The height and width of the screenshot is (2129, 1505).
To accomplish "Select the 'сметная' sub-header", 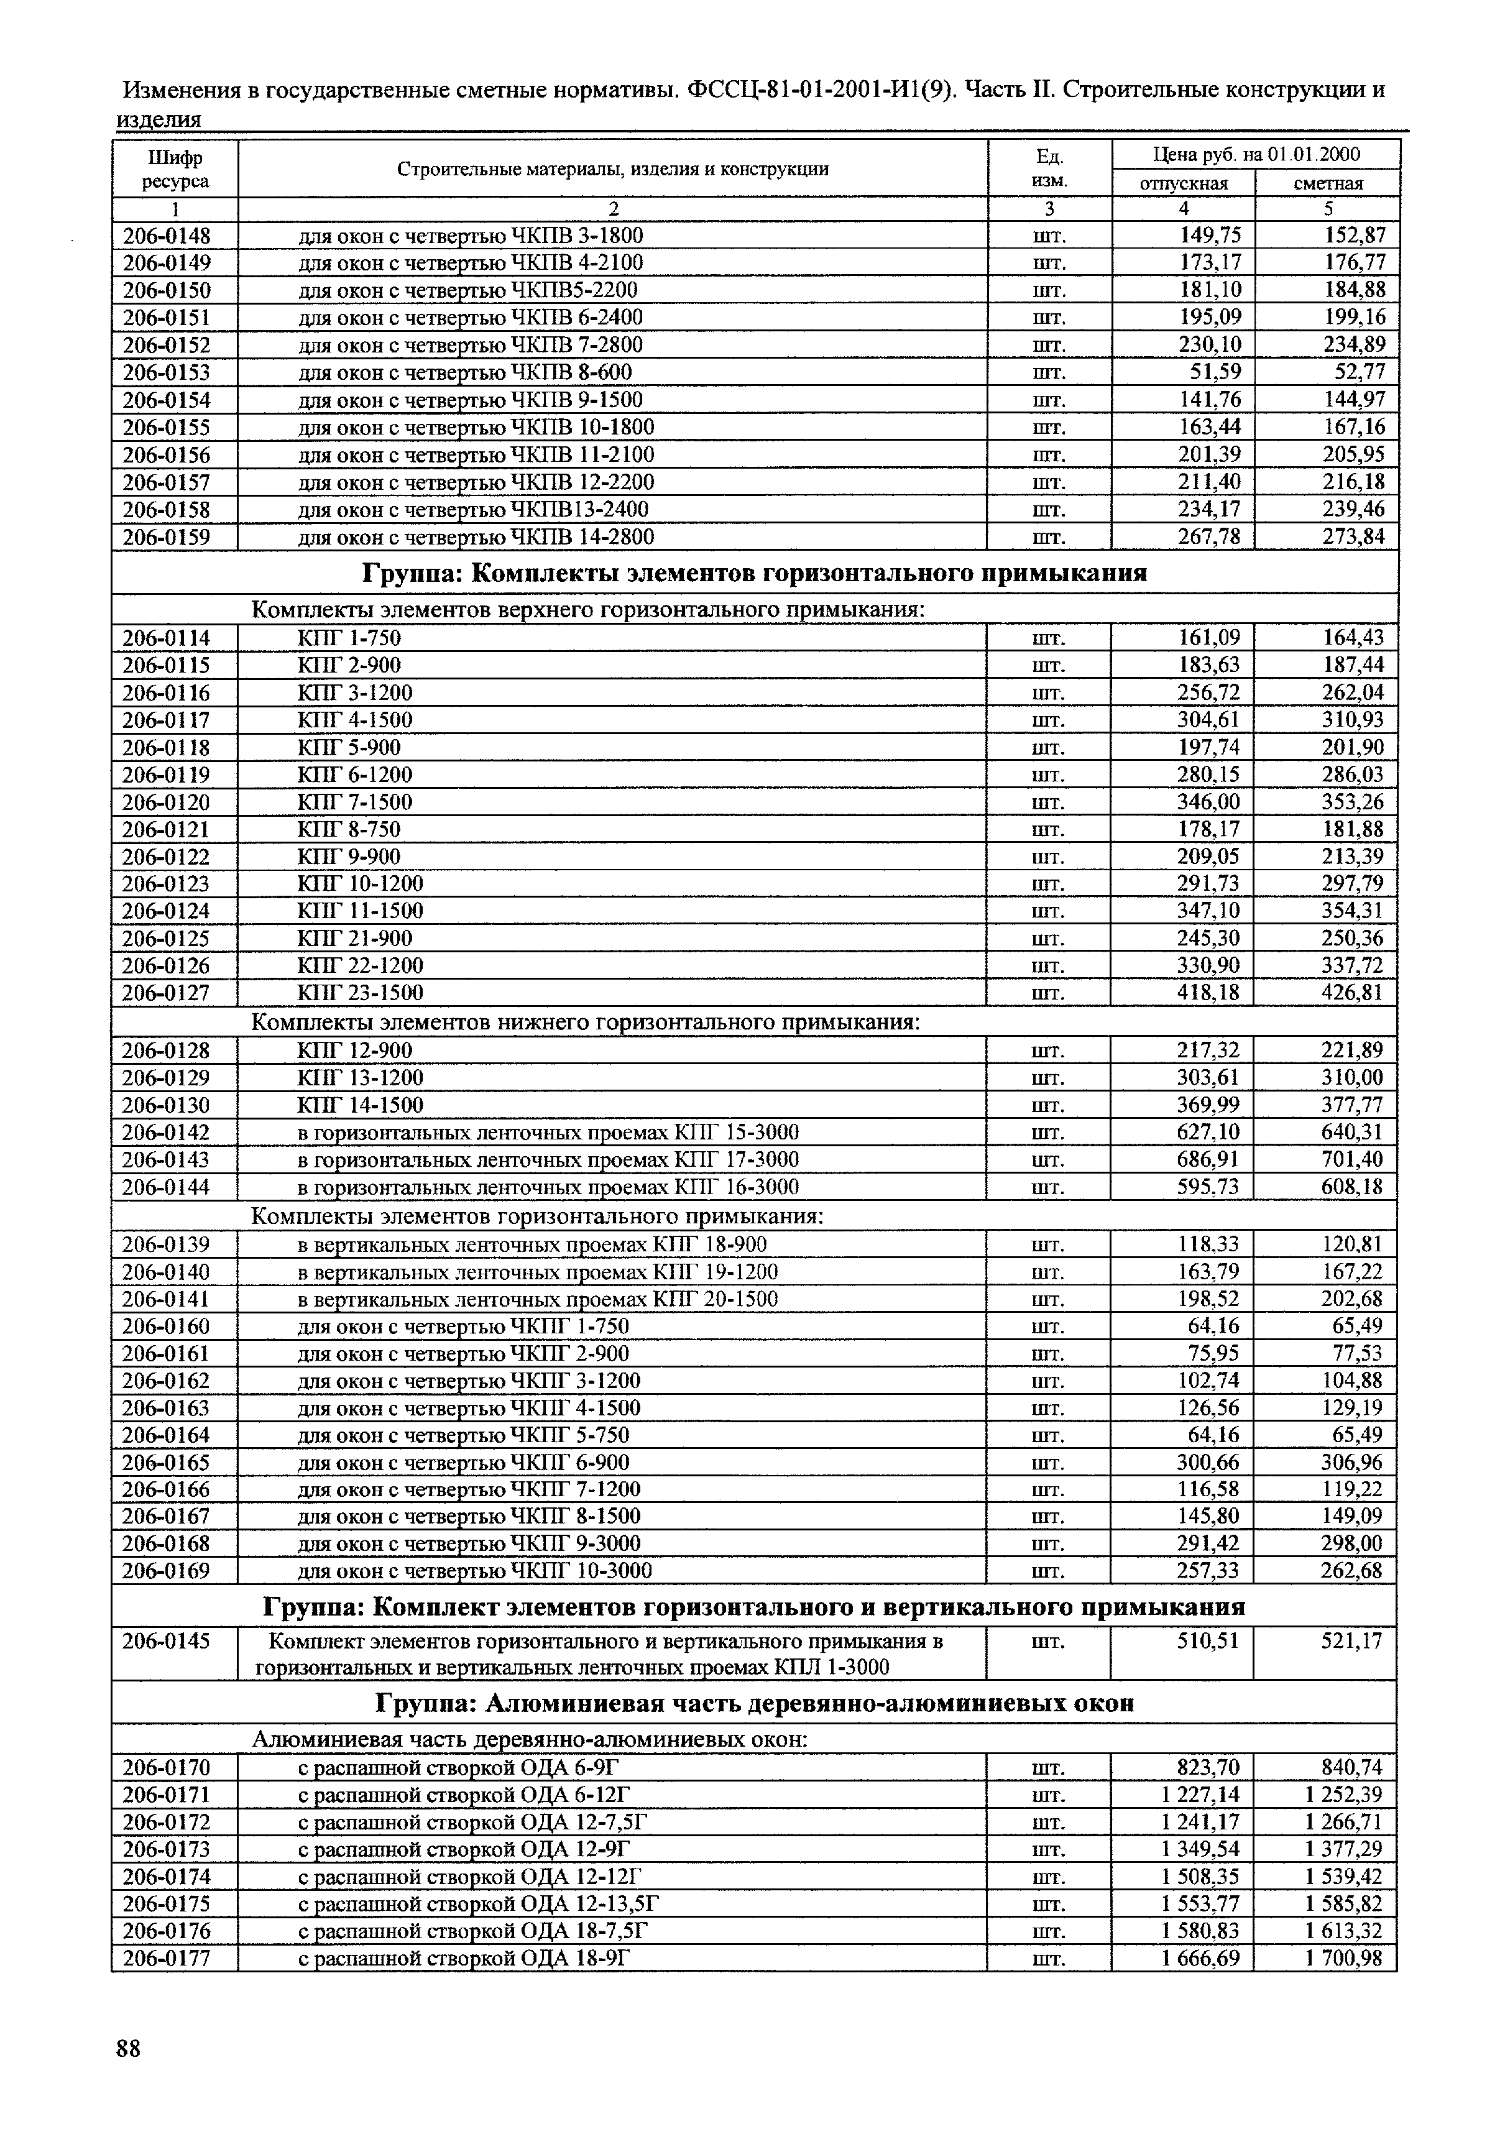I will [1328, 183].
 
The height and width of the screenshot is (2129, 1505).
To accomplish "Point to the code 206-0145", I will [167, 1641].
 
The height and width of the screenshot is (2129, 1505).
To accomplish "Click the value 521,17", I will [1351, 1641].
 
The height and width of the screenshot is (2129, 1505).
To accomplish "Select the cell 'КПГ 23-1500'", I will [360, 993].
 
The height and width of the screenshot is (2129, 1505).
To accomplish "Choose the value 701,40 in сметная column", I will [1351, 1160].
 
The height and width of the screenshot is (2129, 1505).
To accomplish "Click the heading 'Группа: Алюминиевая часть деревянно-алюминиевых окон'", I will [754, 1703].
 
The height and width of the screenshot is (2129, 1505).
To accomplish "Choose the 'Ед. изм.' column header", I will [1049, 168].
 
